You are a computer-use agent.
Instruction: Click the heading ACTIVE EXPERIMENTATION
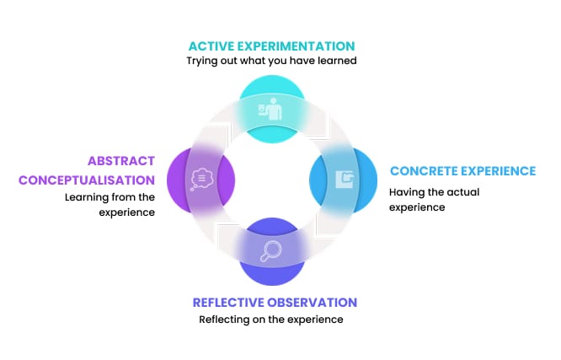[x=271, y=46]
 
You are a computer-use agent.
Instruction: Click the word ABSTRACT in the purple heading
[x=121, y=161]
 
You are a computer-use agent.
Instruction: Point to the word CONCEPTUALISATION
[x=87, y=180]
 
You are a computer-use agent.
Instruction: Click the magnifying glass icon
[x=271, y=251]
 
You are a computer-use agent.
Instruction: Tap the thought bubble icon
[x=201, y=179]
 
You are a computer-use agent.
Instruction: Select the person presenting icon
[x=270, y=109]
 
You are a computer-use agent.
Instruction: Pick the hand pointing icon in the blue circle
[x=345, y=180]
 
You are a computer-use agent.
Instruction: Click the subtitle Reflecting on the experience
[x=271, y=320]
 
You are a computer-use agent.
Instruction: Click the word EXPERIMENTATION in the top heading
[x=296, y=46]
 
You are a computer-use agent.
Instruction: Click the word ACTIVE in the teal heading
[x=211, y=46]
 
